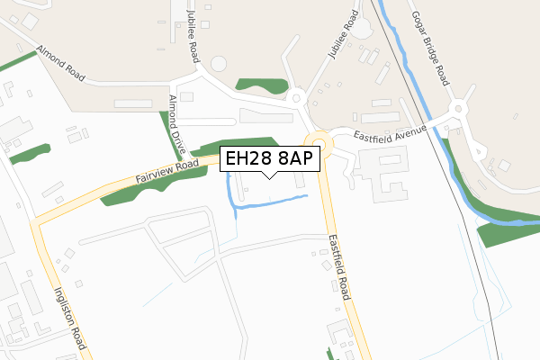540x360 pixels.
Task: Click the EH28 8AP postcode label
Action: (x=269, y=159)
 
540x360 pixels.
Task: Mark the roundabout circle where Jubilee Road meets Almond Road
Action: (x=220, y=66)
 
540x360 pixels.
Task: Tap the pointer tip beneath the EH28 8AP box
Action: (x=269, y=176)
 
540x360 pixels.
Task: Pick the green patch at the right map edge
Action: (x=508, y=230)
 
